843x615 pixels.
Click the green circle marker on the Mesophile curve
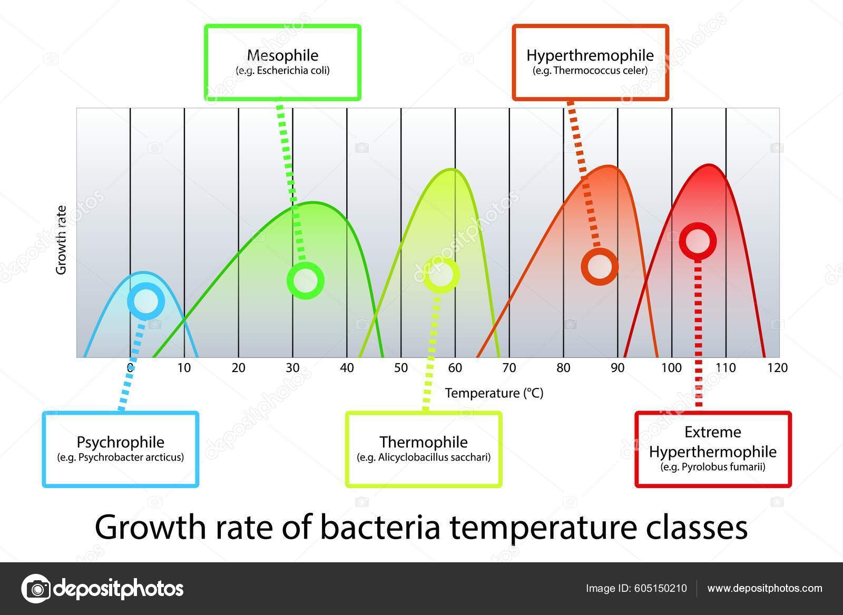305,280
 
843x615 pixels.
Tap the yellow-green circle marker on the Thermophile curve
442,275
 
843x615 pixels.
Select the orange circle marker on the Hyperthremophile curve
600,267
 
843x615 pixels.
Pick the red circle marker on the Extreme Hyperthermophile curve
698,241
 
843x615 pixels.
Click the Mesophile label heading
282,55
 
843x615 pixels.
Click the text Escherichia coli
292,71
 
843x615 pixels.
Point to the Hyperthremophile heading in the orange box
590,55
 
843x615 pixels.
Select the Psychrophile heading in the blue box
120,442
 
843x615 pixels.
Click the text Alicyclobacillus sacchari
434,457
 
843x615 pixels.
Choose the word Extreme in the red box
712,432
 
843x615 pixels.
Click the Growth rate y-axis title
62,240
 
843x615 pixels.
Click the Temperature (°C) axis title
494,393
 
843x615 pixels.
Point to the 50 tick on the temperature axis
401,368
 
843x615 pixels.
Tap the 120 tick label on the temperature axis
778,368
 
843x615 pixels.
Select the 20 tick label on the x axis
238,368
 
